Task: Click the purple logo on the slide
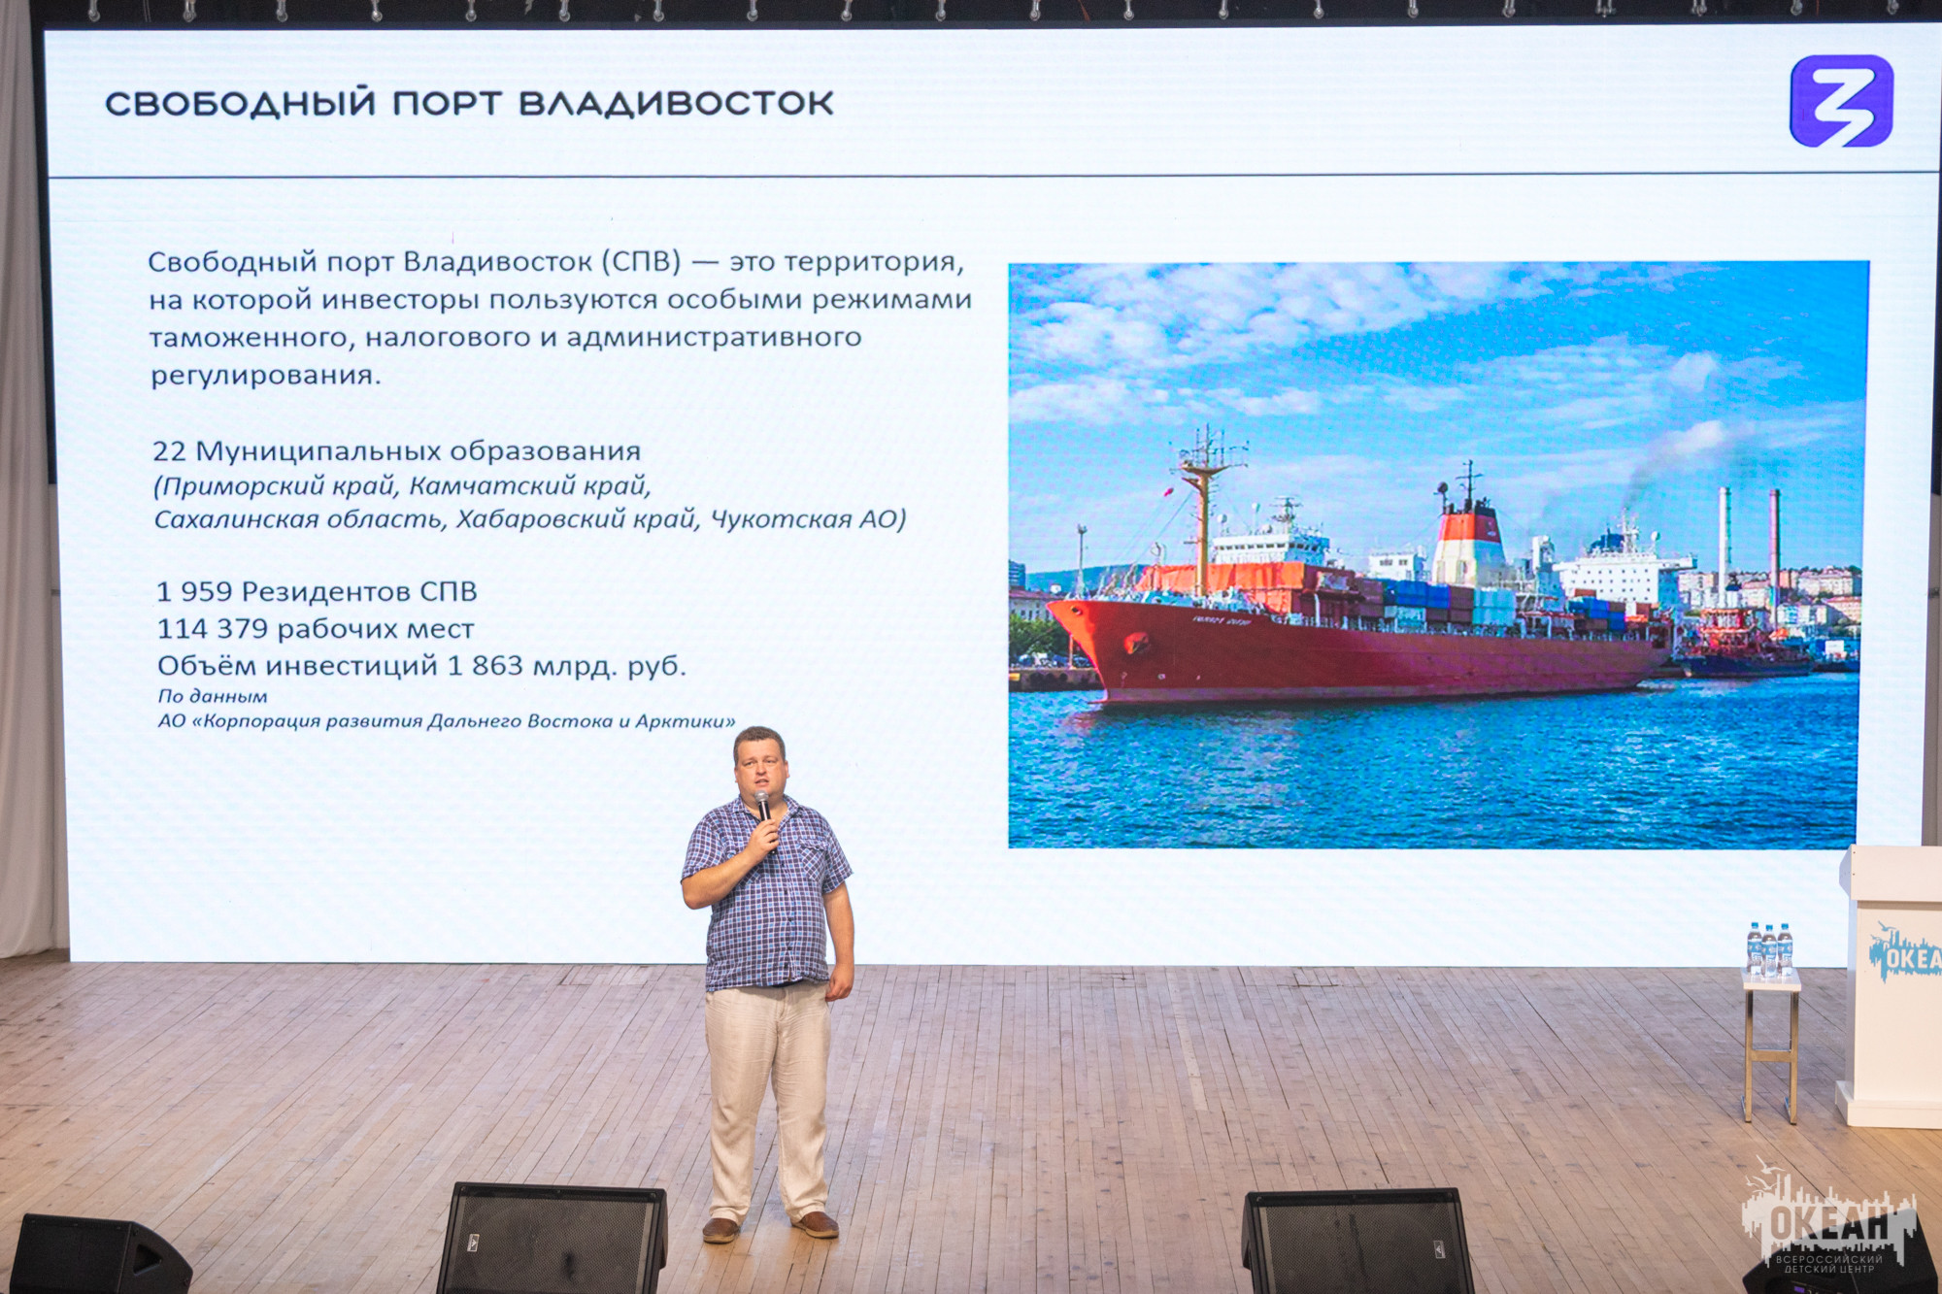pos(1841,101)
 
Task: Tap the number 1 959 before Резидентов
pos(194,591)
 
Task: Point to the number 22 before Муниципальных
pos(169,451)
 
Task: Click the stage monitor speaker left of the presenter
pos(552,1238)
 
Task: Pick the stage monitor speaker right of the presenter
pos(1357,1241)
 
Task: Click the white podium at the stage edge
pos(1890,985)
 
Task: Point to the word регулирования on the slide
pos(265,376)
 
